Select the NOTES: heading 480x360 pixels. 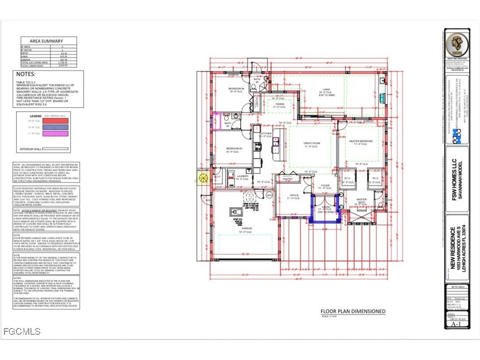(x=26, y=74)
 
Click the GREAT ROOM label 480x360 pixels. (x=312, y=143)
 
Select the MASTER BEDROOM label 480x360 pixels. (x=361, y=141)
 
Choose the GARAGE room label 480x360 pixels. (x=246, y=228)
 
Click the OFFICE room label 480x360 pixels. (x=295, y=195)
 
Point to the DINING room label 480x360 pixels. (x=280, y=104)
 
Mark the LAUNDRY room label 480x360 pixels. (x=242, y=176)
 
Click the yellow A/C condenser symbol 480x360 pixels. (x=204, y=179)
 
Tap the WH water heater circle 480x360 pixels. (x=269, y=195)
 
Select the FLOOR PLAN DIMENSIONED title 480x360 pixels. (x=353, y=311)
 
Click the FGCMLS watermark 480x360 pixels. (x=21, y=331)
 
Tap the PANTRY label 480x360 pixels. (x=288, y=179)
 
